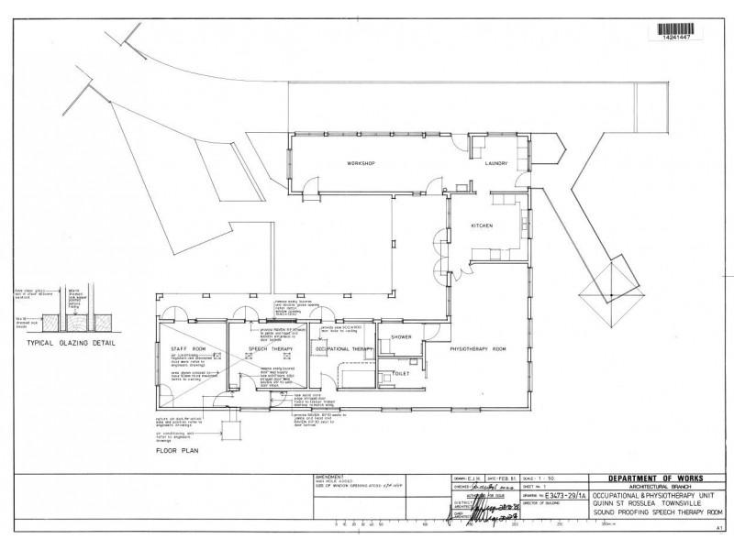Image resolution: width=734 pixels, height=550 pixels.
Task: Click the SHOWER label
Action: [x=400, y=337]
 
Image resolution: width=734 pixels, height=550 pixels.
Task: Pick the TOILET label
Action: [x=400, y=373]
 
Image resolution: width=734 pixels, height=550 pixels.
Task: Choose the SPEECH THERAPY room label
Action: [x=269, y=349]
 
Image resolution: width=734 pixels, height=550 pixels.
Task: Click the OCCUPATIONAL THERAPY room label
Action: [x=343, y=349]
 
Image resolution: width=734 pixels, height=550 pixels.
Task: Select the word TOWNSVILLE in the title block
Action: [x=684, y=500]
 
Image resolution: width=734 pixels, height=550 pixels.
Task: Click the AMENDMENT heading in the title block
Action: [x=329, y=478]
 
